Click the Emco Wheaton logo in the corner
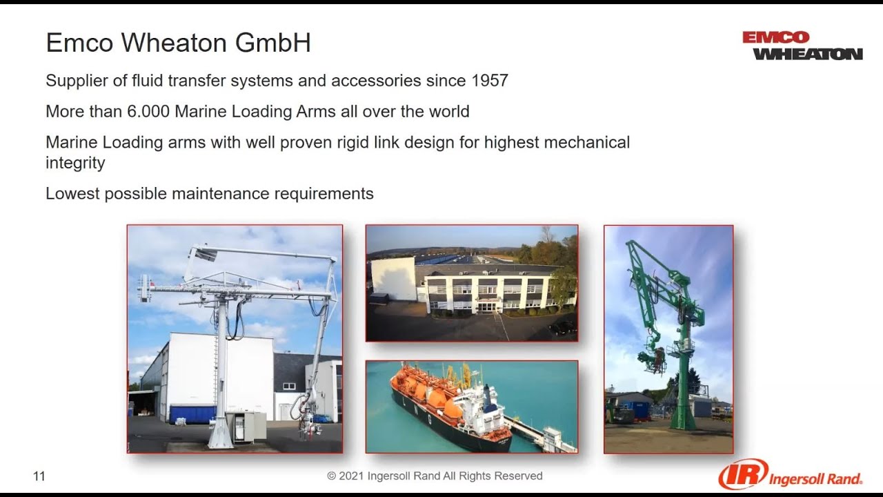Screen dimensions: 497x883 click(802, 46)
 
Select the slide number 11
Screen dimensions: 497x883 click(39, 476)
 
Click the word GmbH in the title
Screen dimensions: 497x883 click(273, 43)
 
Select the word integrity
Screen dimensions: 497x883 click(75, 164)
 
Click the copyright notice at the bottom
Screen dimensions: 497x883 click(435, 476)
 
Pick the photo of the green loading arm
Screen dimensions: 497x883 click(668, 339)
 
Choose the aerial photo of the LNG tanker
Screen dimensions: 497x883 click(471, 407)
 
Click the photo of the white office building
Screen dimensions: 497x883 click(471, 283)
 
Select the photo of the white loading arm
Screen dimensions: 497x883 click(235, 339)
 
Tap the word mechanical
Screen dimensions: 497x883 click(587, 143)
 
